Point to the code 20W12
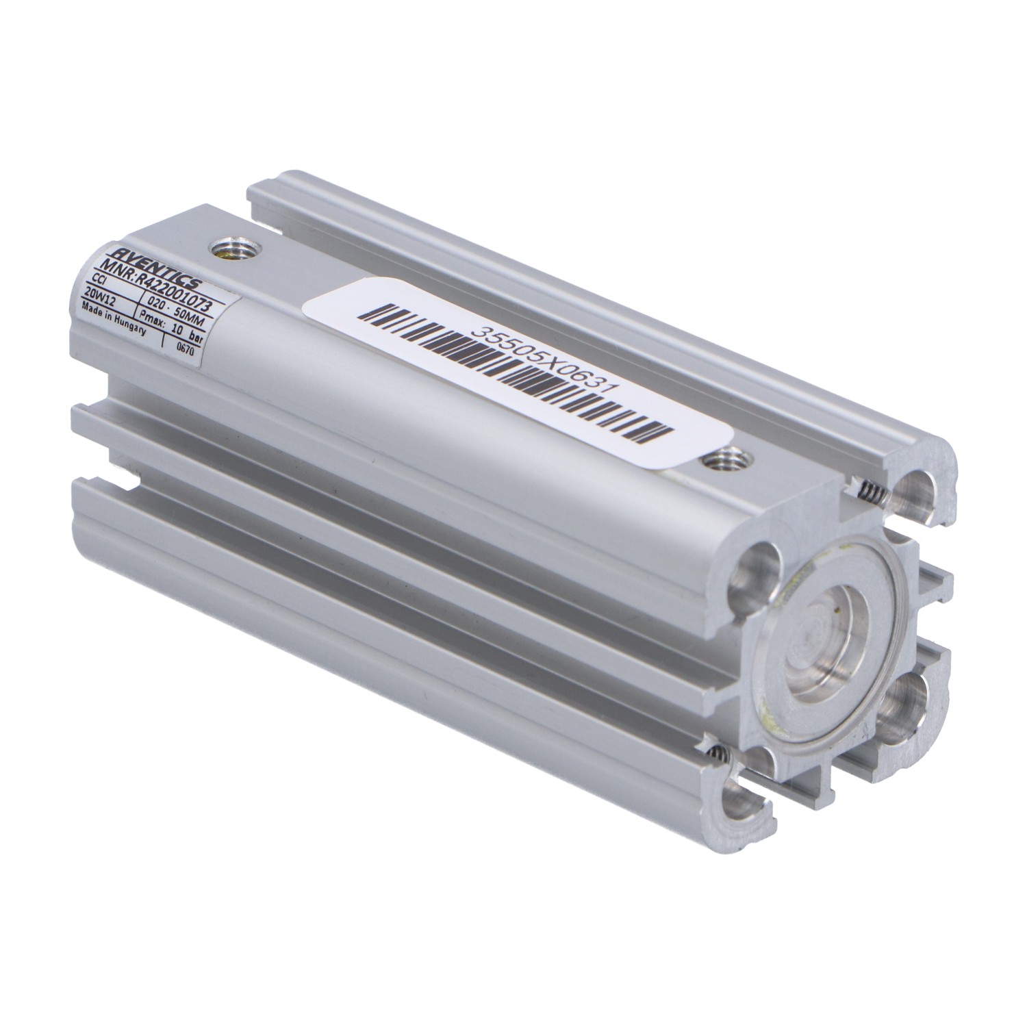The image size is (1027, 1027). [100, 297]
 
